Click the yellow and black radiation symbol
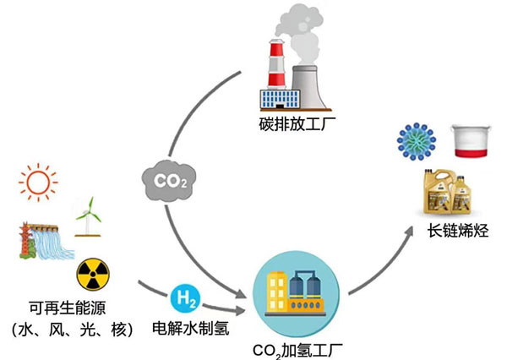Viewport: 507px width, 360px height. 91,274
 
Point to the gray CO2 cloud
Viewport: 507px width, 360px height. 166,181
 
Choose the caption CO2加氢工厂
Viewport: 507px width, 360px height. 293,347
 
